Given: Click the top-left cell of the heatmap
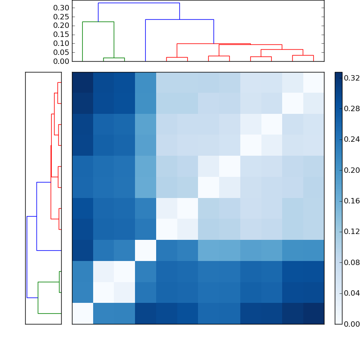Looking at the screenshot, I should click(x=82, y=82).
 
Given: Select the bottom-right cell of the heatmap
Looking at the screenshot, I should click(x=314, y=314).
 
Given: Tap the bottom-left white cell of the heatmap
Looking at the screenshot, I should click(x=82, y=314).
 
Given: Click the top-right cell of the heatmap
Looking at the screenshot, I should click(x=314, y=82).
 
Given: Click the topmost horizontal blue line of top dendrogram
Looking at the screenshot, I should click(x=139, y=3).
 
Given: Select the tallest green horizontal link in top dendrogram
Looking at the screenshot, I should click(x=98, y=22).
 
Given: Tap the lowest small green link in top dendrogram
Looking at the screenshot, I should click(x=114, y=58).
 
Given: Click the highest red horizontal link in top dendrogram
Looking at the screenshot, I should click(x=213, y=44).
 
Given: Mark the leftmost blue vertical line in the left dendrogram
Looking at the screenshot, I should click(x=27, y=256).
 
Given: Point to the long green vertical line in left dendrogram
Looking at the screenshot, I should click(x=38, y=297).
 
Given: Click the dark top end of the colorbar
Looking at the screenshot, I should click(x=338, y=75).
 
